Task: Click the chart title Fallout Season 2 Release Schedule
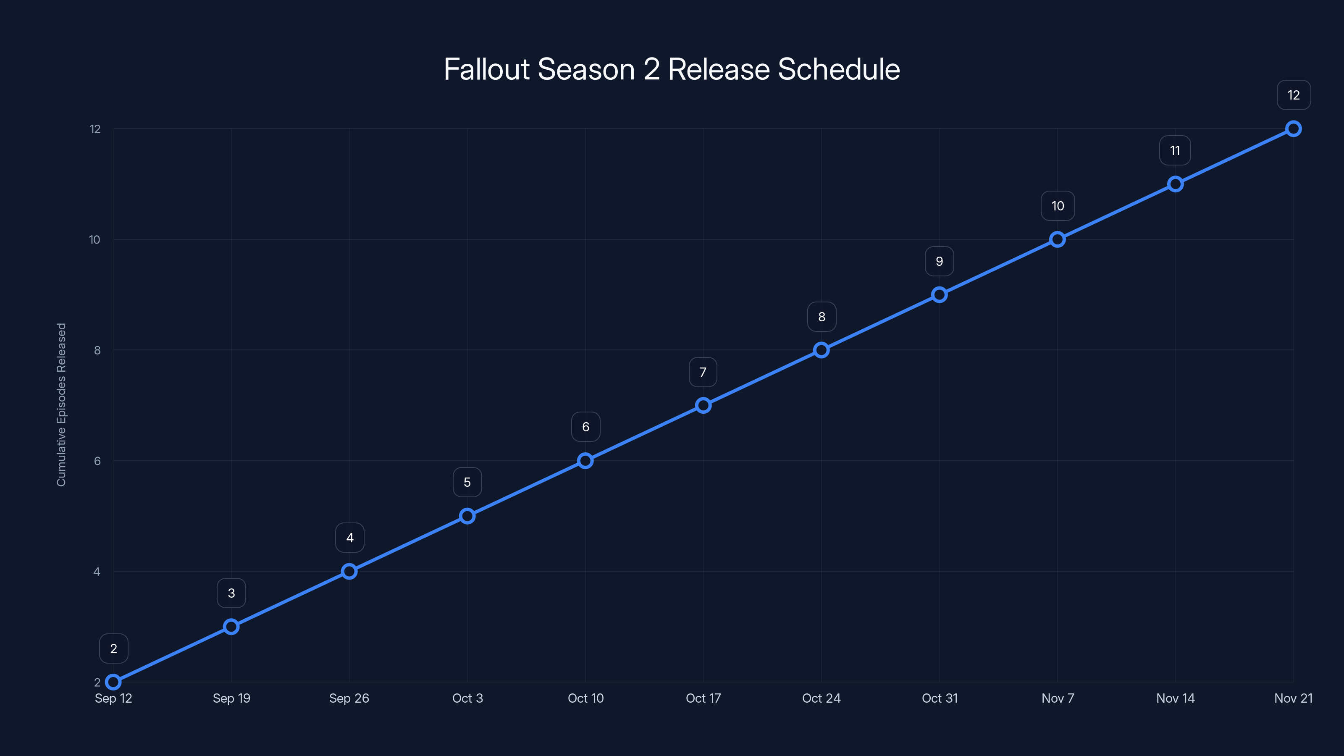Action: pos(672,69)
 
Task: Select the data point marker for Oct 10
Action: pos(585,461)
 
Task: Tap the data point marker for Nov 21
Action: pos(1294,129)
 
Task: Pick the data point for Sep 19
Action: pos(231,627)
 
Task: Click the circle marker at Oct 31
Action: pos(939,295)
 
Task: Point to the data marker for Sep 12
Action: pos(113,682)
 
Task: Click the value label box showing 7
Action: pos(703,372)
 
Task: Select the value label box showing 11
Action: pos(1175,151)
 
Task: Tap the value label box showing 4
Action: pos(349,538)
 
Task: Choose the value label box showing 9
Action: pos(939,261)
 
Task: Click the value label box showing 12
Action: pos(1294,95)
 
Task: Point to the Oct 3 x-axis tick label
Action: pos(467,698)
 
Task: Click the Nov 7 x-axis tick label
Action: pos(1058,698)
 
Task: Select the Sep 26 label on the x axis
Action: pos(349,698)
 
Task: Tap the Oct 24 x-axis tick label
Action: pos(821,698)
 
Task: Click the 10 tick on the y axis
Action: pos(94,239)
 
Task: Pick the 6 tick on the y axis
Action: pos(97,461)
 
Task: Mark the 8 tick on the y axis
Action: pos(97,350)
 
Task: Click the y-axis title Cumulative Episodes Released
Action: pos(62,404)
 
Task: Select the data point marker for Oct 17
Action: pos(703,405)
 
